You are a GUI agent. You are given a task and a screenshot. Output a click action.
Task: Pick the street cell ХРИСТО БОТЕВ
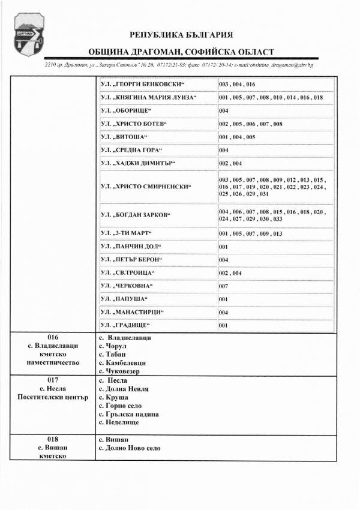133,124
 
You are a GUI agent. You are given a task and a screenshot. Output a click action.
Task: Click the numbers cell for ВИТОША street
238,137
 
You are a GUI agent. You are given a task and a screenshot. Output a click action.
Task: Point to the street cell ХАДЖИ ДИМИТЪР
135,163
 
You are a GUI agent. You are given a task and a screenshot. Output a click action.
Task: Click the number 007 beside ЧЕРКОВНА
223,286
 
